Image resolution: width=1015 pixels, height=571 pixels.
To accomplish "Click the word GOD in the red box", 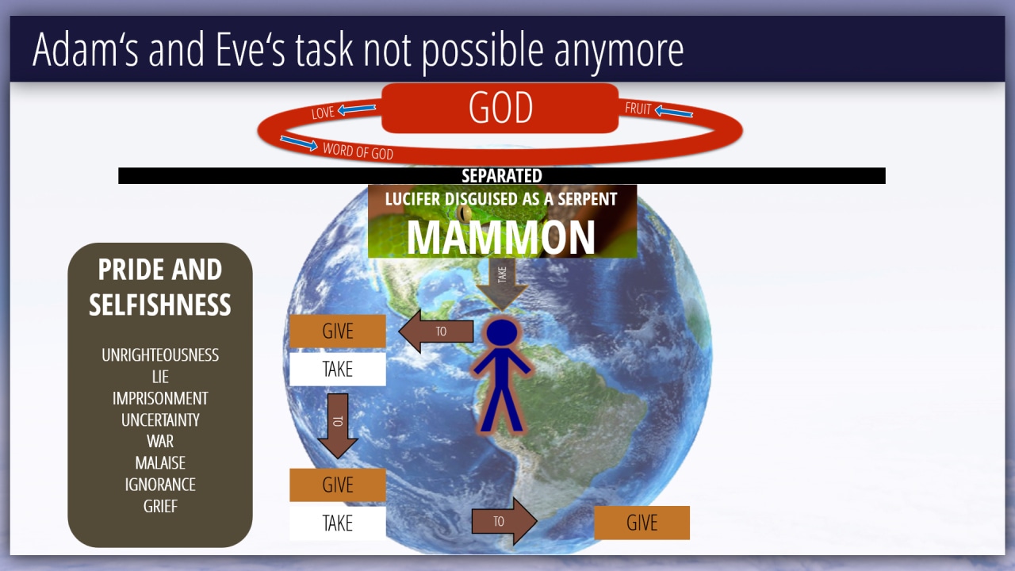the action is pos(500,107).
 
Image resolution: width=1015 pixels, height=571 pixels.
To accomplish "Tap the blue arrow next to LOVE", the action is pos(357,109).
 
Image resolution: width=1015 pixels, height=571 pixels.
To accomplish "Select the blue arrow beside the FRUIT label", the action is pos(674,110).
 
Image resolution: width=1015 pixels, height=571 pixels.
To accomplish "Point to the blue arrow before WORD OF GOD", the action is pos(299,143).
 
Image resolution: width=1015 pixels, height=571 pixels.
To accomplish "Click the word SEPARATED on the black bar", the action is pos(502,176).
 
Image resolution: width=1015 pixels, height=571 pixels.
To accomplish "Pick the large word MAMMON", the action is pos(500,238).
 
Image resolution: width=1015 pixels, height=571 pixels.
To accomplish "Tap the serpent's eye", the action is pos(464,212).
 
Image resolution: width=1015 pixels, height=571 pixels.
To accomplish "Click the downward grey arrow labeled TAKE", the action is pos(502,284).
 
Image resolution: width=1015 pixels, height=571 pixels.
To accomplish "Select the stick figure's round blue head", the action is pos(502,332).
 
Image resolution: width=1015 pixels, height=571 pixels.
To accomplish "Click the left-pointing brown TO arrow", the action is pos(436,331).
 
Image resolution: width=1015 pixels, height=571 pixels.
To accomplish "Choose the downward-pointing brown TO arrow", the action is pos(338,426).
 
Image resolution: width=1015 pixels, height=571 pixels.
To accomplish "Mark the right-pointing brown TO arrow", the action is pos(504,521).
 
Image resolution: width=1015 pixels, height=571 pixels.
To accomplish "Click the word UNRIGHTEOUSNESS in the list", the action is pos(160,354).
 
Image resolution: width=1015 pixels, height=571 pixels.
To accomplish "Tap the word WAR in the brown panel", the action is pos(160,441).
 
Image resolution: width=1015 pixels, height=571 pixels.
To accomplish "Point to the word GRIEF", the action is pos(160,506).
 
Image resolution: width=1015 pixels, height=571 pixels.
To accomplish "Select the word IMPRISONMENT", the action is pos(160,398).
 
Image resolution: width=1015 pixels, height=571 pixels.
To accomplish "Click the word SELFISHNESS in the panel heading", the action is pos(160,305).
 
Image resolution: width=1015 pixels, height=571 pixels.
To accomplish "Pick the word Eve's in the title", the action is pos(250,49).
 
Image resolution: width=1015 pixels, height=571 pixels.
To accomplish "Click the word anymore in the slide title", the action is pos(619,53).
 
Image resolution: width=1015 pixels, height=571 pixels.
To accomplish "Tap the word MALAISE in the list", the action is pos(160,462).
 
